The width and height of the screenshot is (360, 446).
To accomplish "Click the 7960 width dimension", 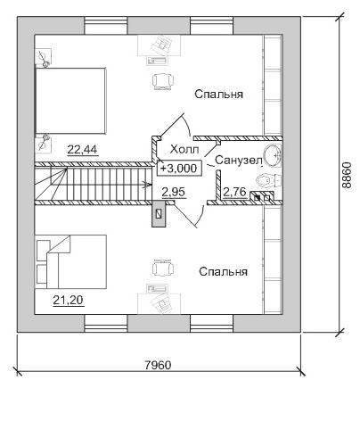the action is (x=158, y=365).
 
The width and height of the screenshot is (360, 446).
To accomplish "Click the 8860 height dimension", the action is (x=347, y=175).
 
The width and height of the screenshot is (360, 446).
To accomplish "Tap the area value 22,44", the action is (x=82, y=150).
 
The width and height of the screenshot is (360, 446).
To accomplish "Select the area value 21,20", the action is (x=68, y=301).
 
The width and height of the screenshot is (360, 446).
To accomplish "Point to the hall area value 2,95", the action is (x=174, y=192).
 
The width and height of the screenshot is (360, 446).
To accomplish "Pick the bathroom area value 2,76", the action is (x=234, y=192).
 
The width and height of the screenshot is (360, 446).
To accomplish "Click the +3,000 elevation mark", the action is (x=179, y=169).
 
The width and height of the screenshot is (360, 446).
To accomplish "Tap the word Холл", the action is (x=184, y=149).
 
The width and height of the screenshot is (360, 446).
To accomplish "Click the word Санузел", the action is (x=239, y=160).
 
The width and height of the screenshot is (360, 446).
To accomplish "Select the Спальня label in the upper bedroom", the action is (x=219, y=94).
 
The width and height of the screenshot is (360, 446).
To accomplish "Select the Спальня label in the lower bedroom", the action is (x=223, y=271).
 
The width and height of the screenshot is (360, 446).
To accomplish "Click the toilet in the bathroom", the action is (x=268, y=180).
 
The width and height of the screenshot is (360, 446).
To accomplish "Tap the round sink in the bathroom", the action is (x=272, y=155).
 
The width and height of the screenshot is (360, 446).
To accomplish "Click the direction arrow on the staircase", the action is (x=146, y=185).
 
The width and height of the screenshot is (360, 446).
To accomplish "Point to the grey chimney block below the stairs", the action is (x=159, y=213).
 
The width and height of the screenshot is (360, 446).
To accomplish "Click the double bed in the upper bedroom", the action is (x=70, y=101).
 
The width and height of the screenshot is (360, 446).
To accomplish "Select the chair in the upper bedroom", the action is (x=163, y=80).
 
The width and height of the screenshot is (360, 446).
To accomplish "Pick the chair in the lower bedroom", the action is (x=163, y=268).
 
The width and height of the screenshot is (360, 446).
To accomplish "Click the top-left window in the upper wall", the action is (x=106, y=26).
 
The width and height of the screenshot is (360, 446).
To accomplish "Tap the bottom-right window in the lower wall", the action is (x=212, y=324).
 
